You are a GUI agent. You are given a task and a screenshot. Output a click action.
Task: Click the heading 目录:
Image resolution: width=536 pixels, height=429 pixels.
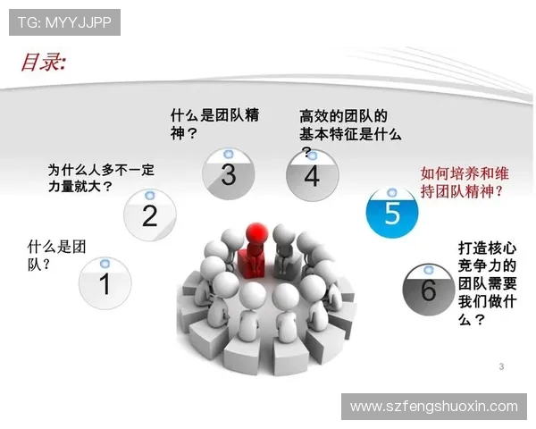tap(43, 62)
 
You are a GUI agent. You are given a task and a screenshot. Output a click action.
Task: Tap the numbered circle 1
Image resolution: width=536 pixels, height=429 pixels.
tap(105, 283)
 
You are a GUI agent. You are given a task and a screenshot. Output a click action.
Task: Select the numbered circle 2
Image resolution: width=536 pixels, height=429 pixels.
tap(149, 214)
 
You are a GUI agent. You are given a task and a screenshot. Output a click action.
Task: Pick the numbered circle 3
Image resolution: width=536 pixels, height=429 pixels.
tap(228, 173)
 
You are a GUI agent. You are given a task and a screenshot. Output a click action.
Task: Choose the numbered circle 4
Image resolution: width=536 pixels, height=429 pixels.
tap(311, 175)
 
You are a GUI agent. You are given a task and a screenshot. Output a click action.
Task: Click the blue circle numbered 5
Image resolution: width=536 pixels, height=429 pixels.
tap(392, 212)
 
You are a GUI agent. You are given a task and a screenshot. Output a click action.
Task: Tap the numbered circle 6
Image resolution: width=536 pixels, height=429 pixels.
tap(428, 289)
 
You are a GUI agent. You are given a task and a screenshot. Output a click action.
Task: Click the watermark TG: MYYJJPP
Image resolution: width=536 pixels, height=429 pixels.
tap(64, 22)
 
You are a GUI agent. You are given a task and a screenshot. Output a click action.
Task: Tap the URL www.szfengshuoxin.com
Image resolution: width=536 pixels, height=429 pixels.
tap(433, 406)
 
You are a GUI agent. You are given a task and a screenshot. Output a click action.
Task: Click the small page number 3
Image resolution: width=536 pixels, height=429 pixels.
tap(501, 366)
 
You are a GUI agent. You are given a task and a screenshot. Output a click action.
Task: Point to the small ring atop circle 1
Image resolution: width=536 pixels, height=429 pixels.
tap(105, 263)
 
